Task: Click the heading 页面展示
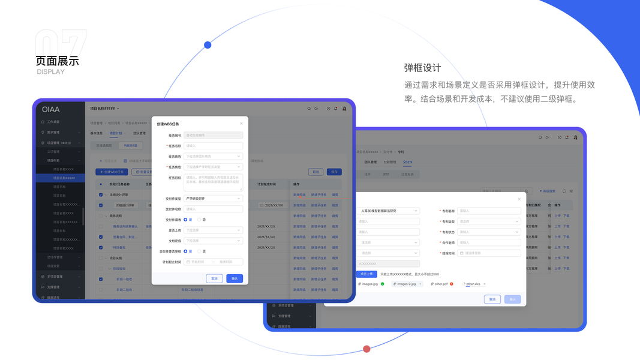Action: pos(57,61)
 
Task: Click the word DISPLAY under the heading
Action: pos(50,72)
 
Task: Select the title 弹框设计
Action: pos(422,68)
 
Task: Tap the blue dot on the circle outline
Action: pos(208,45)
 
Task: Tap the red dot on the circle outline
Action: pos(366,349)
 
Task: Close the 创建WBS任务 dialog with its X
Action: pos(241,124)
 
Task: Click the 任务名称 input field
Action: pos(214,146)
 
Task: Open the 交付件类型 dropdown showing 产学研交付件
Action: pos(214,199)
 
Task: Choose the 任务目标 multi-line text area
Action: pos(214,182)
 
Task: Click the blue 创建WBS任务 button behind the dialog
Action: pos(112,172)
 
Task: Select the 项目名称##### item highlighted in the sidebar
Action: pos(64,178)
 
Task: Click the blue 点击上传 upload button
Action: pos(366,274)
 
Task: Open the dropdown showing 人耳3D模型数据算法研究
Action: pos(388,211)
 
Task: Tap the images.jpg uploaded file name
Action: pos(369,284)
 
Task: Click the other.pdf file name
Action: pos(441,284)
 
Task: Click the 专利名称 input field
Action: pos(489,211)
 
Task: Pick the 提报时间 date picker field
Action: pos(489,253)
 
